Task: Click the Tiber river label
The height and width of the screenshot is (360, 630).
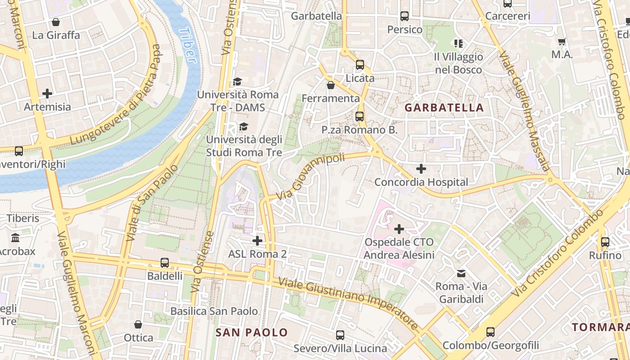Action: coord(188,45)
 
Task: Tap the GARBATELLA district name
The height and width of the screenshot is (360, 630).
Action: coord(444,108)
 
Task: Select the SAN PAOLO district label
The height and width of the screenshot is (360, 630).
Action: coord(252,333)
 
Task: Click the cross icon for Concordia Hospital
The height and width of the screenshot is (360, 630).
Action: coord(421,169)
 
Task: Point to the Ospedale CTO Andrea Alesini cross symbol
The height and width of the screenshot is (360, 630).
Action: coord(399,229)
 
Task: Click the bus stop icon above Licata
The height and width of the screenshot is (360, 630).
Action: coord(360,65)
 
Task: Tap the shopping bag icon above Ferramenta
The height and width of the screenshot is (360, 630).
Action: coord(331,85)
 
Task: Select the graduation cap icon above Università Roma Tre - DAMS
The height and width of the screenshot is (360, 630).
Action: coord(237,81)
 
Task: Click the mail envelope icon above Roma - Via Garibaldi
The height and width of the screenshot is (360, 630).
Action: coord(461,273)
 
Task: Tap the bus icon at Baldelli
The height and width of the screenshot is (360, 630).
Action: coord(165,263)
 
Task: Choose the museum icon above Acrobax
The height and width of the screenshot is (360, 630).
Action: coord(15,238)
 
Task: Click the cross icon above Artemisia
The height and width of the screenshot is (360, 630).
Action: coord(47,94)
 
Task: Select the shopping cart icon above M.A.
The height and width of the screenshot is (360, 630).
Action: coord(562,42)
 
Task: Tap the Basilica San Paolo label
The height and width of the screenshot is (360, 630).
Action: coord(214,311)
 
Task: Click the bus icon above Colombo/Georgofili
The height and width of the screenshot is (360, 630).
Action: coord(490,333)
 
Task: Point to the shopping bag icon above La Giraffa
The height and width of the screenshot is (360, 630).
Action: coord(56,22)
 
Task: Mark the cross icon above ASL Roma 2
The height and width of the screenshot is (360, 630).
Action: coord(257,241)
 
